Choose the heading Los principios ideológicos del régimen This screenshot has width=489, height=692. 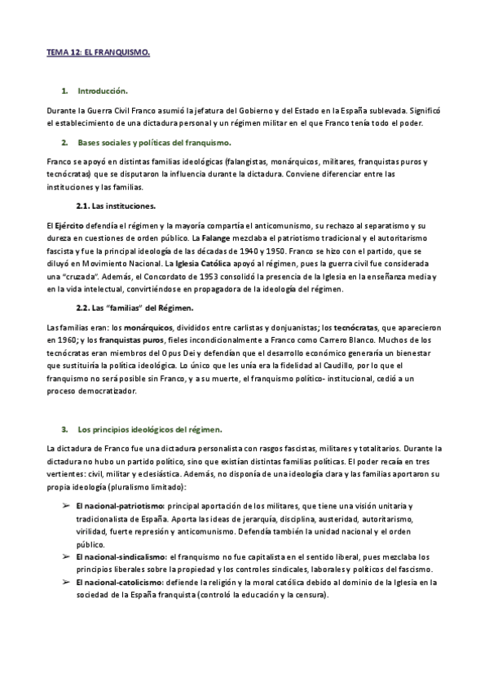pos(149,428)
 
